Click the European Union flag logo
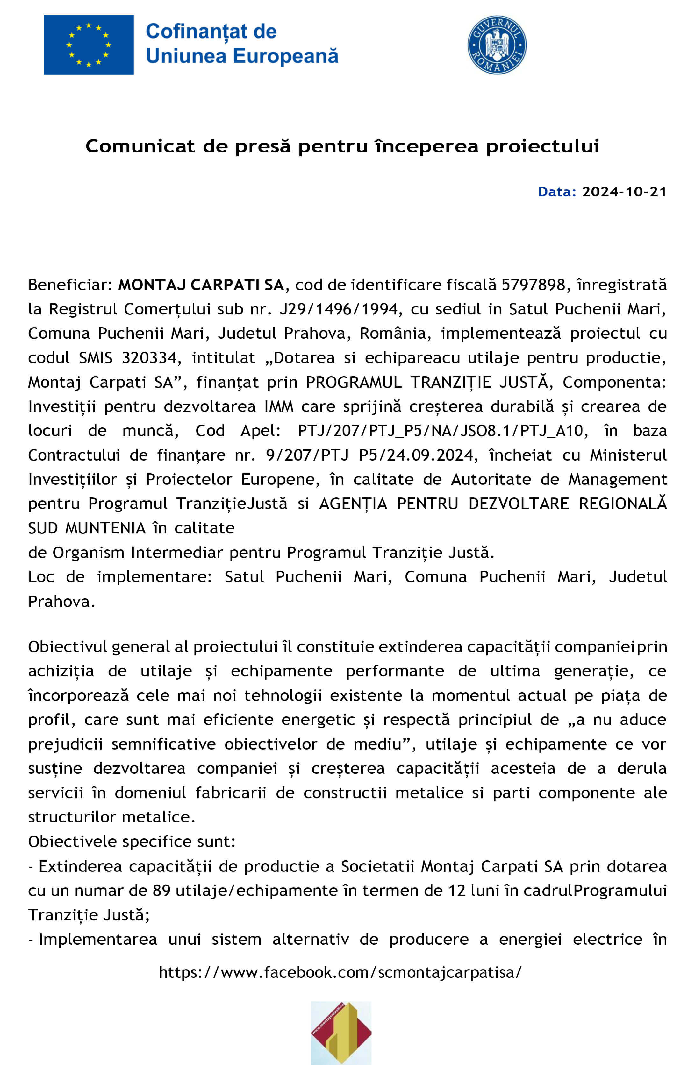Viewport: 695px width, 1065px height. coord(89,45)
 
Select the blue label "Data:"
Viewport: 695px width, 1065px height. coord(557,192)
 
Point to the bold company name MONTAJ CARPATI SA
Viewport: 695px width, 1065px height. coord(201,285)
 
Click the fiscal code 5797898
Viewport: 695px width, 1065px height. coord(533,285)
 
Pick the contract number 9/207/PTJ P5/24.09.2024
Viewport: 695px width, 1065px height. coord(369,455)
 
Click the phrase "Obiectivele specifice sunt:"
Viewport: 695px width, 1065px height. coord(132,842)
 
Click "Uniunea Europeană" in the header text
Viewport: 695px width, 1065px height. coord(242,56)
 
